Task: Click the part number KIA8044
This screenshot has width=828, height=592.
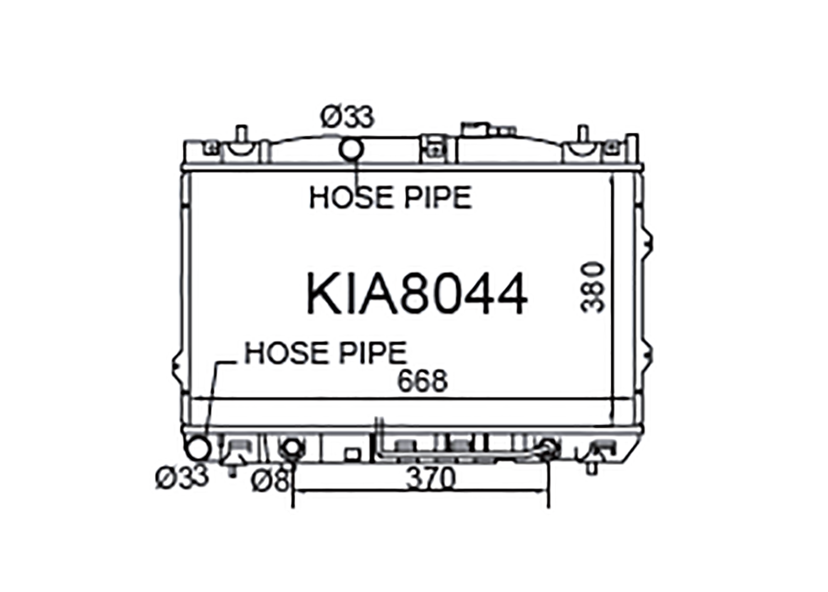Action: coord(417,294)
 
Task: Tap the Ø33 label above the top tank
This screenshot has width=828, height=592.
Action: coord(347,117)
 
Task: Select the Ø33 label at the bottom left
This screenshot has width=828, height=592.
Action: coord(182,477)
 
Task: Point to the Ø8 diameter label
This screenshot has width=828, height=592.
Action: coord(270,480)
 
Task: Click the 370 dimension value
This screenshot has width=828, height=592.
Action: coord(431,478)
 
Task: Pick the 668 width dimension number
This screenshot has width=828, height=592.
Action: coord(422,380)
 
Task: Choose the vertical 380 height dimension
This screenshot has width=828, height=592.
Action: coord(592,287)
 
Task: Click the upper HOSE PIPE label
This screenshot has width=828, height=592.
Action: coord(390,197)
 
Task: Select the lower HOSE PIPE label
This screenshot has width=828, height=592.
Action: coord(326,353)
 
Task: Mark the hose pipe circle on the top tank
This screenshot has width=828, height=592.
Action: coord(351,150)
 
